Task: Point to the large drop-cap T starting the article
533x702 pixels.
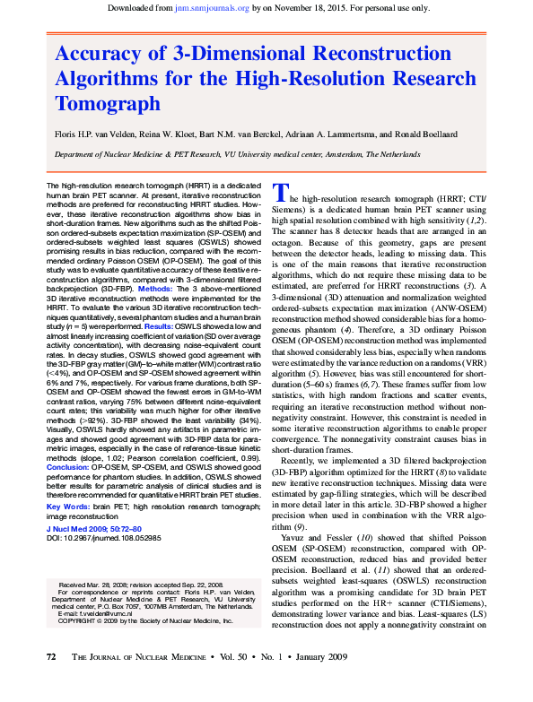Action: click(281, 192)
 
